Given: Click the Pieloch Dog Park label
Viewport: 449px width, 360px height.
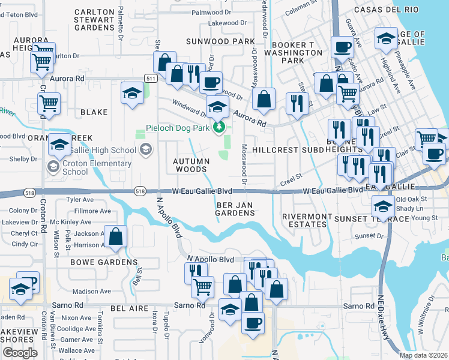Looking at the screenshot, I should click(178, 128).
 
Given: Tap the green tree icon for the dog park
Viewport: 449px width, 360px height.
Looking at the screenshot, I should click(220, 127).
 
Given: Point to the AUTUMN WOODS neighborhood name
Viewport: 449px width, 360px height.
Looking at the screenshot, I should click(191, 165).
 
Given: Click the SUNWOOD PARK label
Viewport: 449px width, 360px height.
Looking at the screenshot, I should click(221, 41).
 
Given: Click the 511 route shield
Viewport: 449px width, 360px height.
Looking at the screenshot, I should click(151, 79).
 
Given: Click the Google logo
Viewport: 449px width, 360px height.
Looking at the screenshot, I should click(20, 353).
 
